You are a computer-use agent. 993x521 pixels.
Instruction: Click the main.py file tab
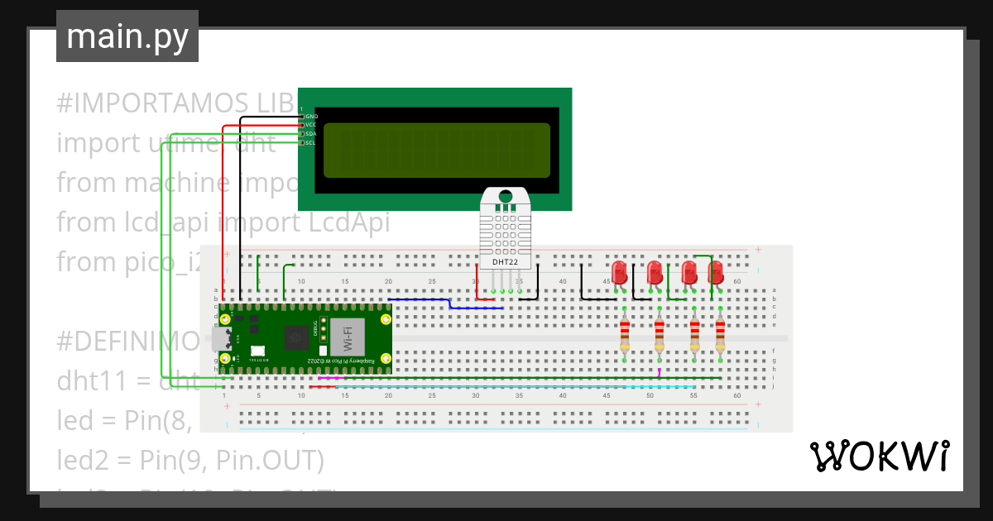127,37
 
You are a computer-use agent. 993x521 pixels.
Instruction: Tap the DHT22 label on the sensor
505,262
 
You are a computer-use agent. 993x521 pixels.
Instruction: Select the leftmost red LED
619,272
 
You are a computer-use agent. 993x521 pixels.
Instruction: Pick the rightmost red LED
716,272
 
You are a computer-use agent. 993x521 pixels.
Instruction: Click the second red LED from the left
654,272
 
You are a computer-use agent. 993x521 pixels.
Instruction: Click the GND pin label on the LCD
311,117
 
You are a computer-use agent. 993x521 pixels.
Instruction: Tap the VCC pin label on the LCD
311,125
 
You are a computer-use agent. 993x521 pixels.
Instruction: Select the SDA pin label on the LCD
311,134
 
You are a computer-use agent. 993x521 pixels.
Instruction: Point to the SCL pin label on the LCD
311,143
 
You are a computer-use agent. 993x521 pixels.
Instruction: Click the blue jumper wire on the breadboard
447,304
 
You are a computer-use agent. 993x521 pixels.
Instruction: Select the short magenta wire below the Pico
331,378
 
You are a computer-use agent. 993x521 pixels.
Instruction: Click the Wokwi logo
879,456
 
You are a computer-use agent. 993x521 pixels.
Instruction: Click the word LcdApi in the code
351,222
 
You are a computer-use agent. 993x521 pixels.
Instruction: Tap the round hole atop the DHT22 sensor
505,197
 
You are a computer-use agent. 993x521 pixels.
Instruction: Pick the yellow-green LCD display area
437,151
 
